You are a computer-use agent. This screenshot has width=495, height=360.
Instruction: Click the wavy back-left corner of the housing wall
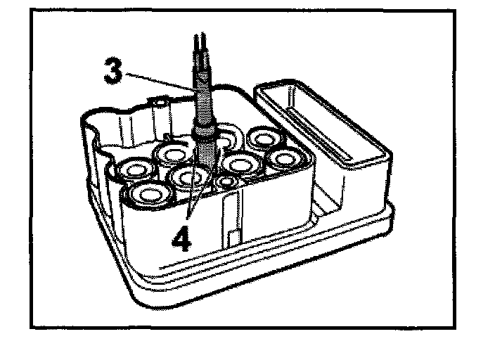(x=98, y=130)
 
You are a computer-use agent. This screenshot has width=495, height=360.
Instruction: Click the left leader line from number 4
(x=189, y=204)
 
